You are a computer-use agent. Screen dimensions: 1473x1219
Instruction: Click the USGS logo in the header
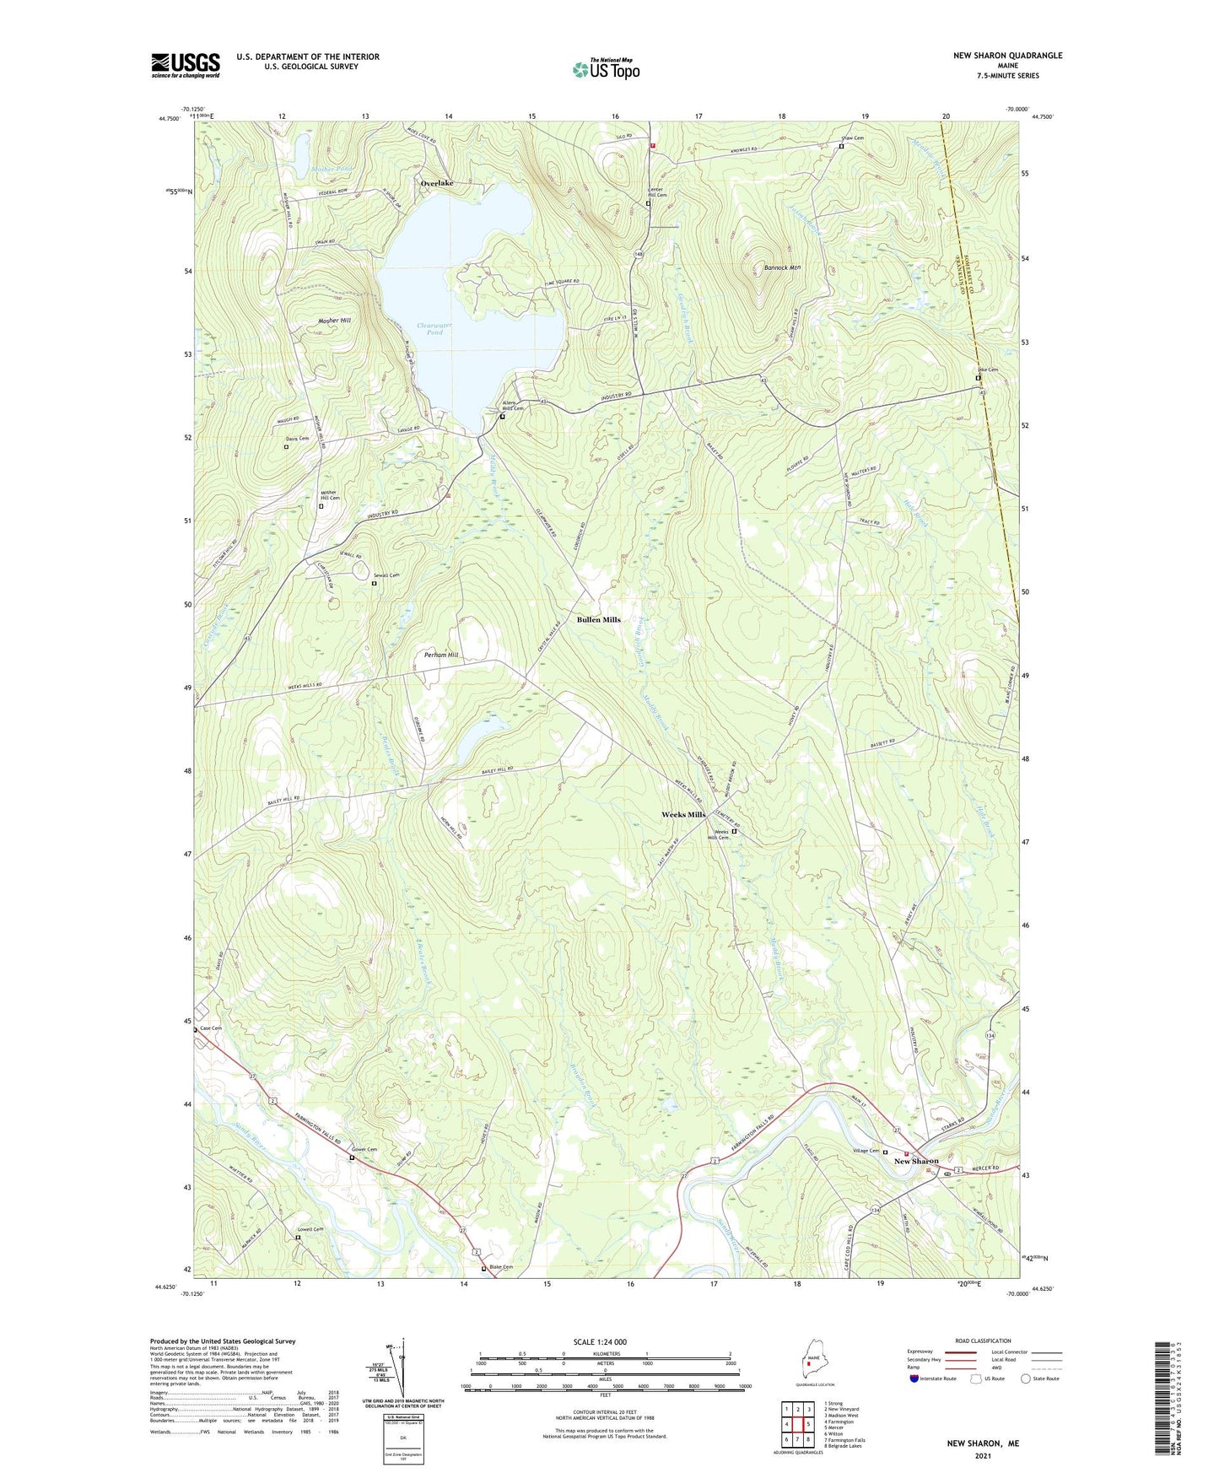(186, 65)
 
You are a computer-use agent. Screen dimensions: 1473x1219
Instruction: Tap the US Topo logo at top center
(606, 69)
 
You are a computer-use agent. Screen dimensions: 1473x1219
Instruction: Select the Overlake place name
(437, 183)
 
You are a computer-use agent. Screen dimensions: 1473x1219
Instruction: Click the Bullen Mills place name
(598, 619)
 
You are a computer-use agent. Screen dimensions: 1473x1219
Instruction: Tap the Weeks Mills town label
(682, 815)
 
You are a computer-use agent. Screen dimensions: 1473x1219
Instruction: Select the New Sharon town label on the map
(915, 1161)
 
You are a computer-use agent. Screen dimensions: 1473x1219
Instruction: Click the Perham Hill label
(441, 655)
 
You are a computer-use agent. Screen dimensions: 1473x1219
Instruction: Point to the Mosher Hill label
(334, 321)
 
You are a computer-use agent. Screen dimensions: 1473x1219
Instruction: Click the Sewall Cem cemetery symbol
(375, 583)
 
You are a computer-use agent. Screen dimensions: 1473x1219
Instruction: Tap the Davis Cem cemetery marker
(286, 447)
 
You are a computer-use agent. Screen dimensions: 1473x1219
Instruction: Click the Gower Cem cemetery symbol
(352, 1158)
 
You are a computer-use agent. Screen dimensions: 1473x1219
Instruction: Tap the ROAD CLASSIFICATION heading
(984, 1341)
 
